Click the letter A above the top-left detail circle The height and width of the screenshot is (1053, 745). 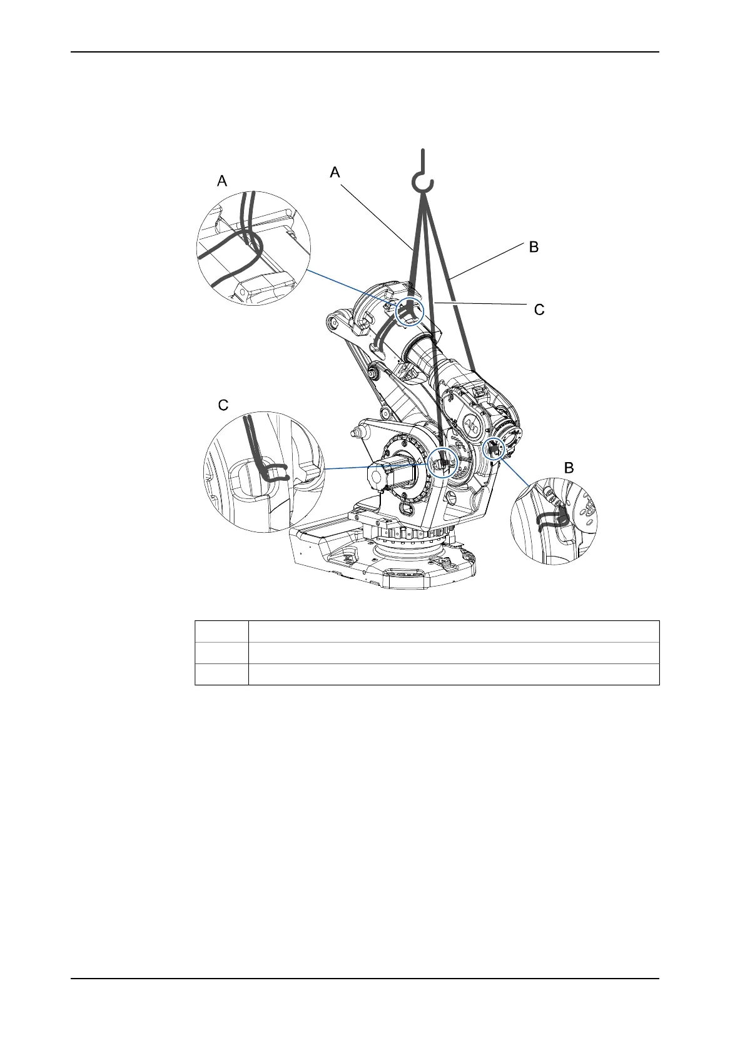click(222, 181)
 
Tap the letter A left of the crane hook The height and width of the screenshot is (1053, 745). click(335, 172)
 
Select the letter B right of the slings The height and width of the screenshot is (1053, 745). click(533, 247)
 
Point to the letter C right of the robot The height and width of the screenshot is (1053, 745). click(539, 310)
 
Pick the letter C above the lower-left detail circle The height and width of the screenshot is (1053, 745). click(223, 405)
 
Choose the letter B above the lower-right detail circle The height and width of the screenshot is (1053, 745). click(569, 468)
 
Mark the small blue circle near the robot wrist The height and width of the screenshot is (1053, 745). click(495, 448)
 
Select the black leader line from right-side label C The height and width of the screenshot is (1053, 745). click(482, 303)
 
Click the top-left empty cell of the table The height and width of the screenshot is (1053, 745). click(222, 632)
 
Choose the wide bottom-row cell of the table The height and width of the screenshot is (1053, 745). click(454, 674)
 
